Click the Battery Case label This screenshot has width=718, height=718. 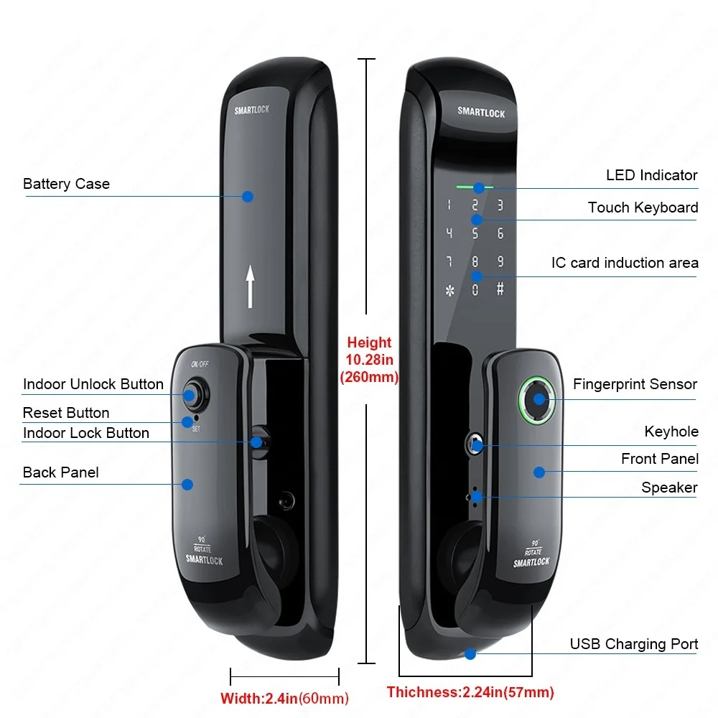tap(66, 184)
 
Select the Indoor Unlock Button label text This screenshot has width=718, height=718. tap(93, 384)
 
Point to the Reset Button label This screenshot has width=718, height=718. tap(66, 413)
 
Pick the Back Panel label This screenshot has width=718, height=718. tap(61, 472)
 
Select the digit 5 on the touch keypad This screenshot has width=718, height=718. tap(475, 233)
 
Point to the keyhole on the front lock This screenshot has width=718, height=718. tap(475, 444)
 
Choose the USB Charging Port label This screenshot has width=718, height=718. tap(634, 643)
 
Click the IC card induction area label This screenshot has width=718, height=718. tap(625, 263)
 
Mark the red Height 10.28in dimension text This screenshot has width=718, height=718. tap(369, 360)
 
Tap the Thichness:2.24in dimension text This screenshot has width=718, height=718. tap(470, 693)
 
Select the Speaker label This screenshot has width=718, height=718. tap(669, 488)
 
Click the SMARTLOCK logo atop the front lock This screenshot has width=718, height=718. tap(481, 112)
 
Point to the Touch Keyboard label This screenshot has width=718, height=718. tap(643, 208)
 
